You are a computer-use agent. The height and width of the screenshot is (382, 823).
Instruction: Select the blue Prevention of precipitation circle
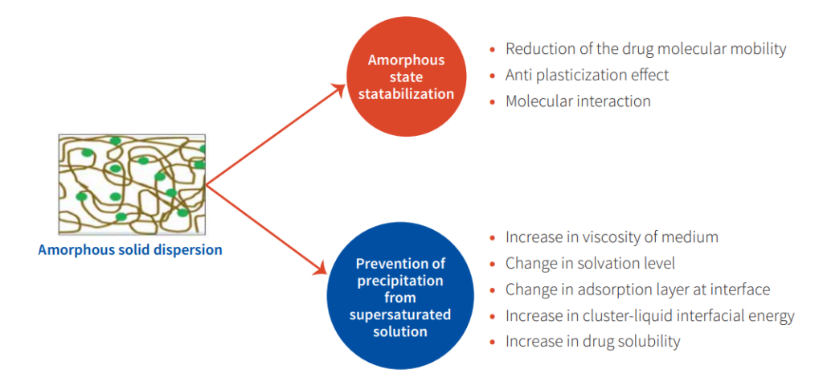coord(400,297)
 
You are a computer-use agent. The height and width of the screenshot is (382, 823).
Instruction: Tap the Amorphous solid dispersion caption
coord(129,249)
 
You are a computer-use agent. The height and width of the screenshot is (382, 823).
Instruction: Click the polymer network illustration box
coord(132,184)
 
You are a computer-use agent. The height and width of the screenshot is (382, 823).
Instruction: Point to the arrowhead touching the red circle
coord(338,88)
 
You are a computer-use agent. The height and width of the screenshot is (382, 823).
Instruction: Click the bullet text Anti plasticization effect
coord(588,75)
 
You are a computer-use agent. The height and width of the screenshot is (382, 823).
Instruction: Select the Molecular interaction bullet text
coord(578,101)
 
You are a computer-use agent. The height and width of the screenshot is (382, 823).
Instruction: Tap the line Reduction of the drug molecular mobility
coord(646,49)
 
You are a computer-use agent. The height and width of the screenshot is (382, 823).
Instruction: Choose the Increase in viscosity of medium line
coord(612,237)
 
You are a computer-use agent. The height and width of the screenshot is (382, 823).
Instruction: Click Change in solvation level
coord(590,263)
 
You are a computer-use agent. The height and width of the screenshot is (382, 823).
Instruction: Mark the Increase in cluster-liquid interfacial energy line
coord(649,316)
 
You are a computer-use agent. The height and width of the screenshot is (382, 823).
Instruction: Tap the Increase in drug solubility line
coord(592,342)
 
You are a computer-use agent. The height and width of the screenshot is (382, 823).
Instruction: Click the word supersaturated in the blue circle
coord(400,315)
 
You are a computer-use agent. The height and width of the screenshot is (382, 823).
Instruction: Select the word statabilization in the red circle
coord(406,95)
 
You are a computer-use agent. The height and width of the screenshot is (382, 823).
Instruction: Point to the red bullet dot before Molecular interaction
coord(493,101)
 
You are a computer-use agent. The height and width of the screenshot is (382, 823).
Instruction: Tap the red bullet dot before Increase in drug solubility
coord(493,343)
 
